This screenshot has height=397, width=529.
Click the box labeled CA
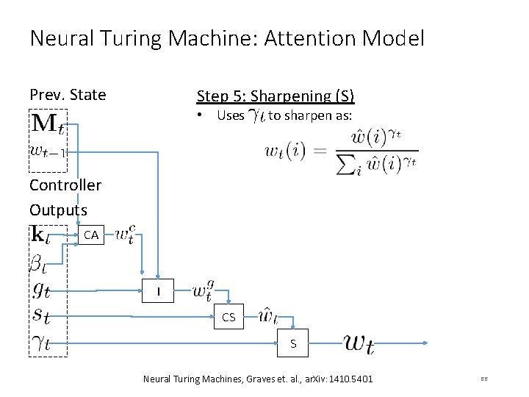pos(91,236)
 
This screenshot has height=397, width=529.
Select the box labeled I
pos(157,293)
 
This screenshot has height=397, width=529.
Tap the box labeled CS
pos(228,318)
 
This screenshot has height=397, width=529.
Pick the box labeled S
pos(293,343)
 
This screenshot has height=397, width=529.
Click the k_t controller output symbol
pos(41,235)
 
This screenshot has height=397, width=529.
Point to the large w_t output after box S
pos(359,343)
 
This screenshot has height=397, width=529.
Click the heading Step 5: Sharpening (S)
pos(275,96)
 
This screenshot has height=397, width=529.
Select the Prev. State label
pos(68,95)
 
